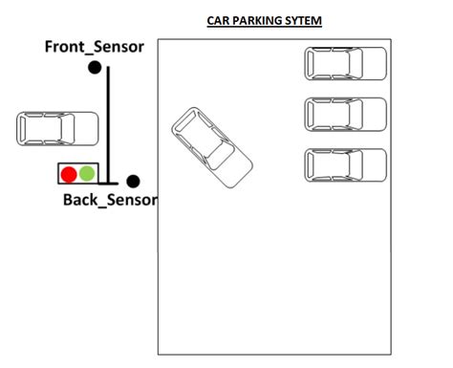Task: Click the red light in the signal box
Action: tap(69, 174)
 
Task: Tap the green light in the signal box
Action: tap(87, 173)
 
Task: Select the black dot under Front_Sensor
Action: tap(95, 68)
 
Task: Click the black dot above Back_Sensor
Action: tap(133, 182)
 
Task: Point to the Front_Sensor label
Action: tap(95, 47)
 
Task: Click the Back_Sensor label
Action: tap(110, 200)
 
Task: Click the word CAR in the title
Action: tap(218, 21)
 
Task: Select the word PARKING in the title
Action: tap(257, 21)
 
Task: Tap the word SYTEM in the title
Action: tap(303, 21)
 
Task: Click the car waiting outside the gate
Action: tap(57, 129)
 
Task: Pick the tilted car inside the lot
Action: tap(212, 147)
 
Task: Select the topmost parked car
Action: tap(346, 63)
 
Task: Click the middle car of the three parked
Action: tap(346, 115)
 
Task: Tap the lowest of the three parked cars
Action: tap(346, 165)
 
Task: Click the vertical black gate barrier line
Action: tap(108, 125)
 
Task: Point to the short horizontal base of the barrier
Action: tap(108, 184)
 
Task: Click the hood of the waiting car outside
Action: tap(87, 129)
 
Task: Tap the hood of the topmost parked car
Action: tap(375, 63)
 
